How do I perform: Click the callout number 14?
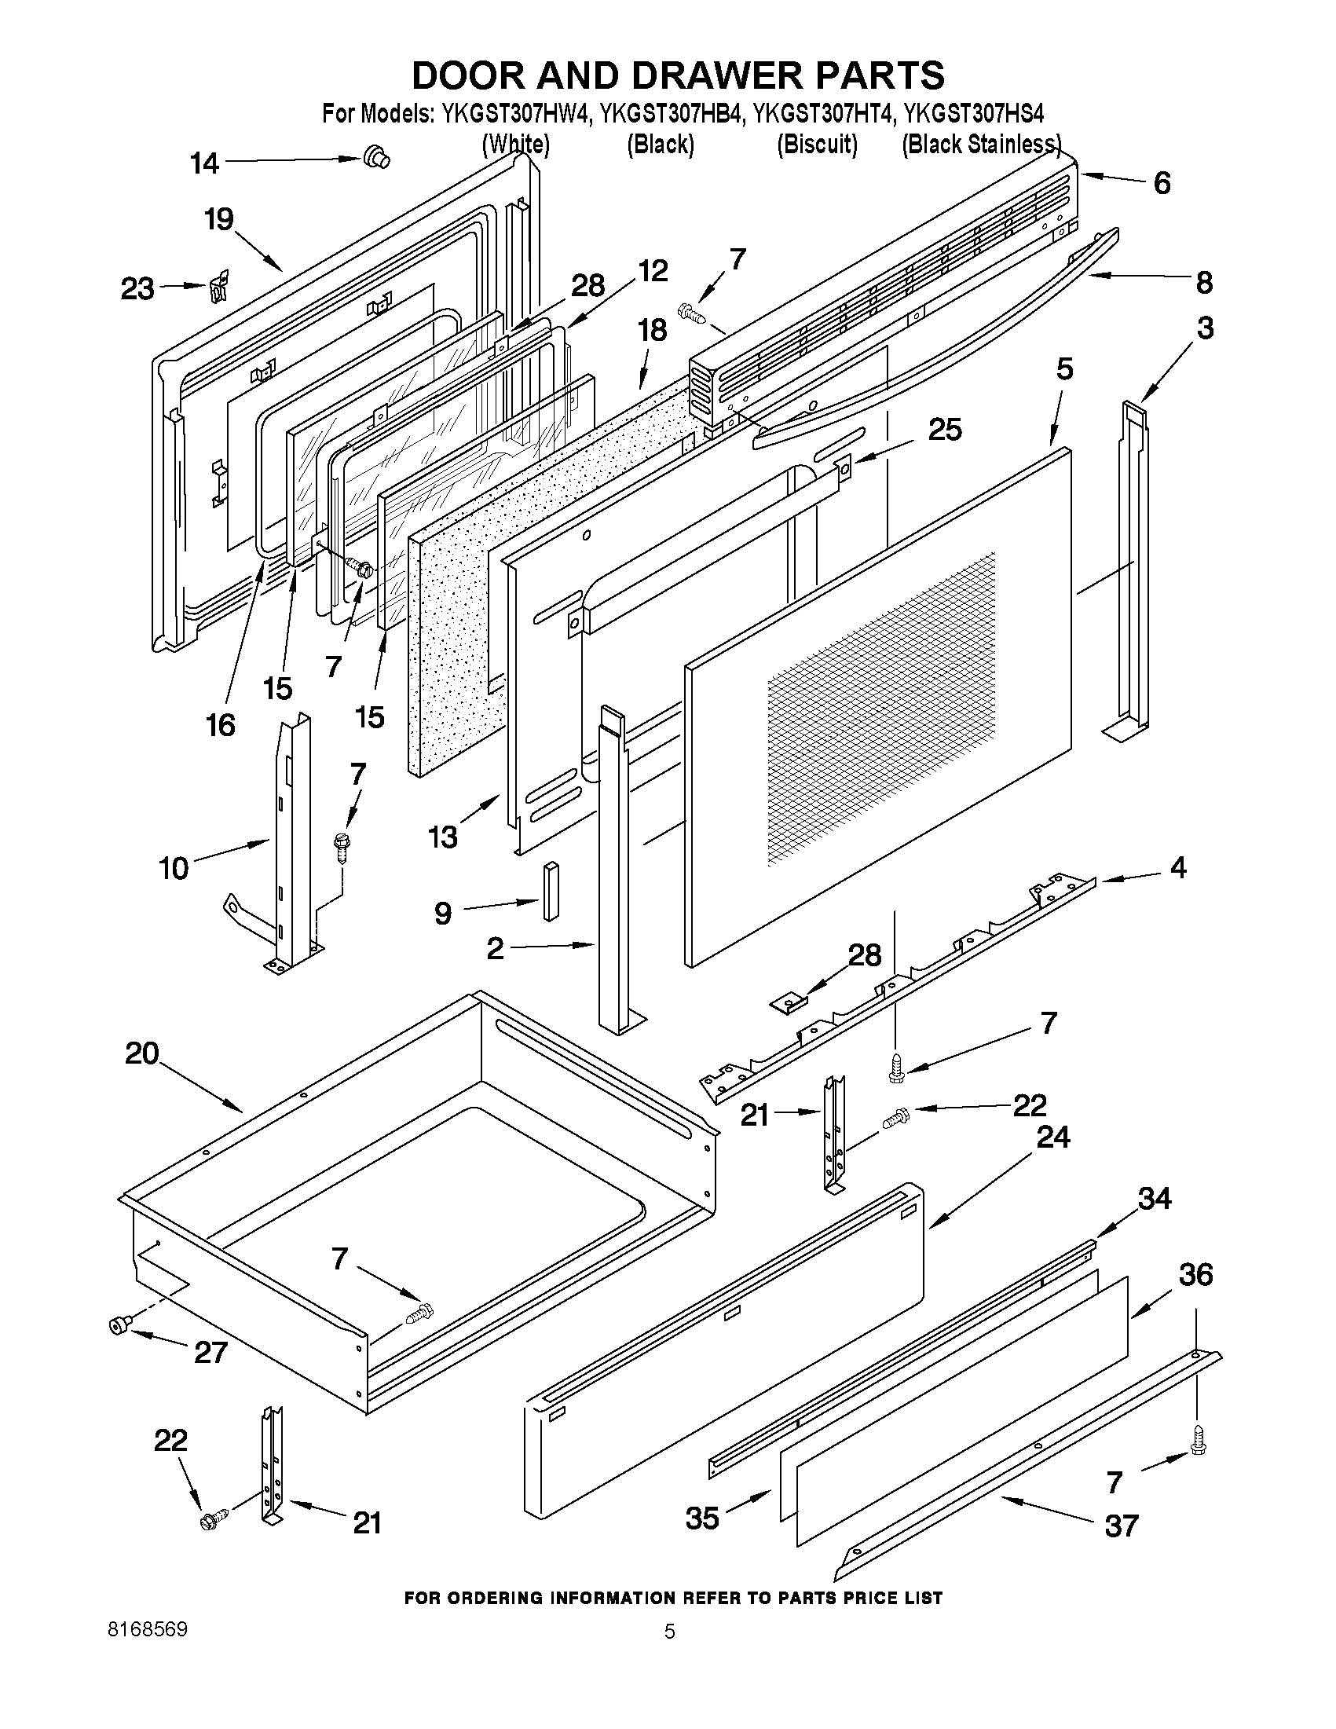[x=204, y=163]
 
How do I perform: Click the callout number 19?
[x=219, y=219]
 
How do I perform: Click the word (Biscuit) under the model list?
[x=817, y=145]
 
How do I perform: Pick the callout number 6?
[x=1161, y=184]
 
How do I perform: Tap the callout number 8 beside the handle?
[x=1204, y=283]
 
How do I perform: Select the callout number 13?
[x=443, y=837]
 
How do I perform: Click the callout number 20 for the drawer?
[x=142, y=1053]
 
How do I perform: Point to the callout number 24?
[x=1053, y=1137]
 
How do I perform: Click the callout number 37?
[x=1122, y=1526]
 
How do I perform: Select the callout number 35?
[x=702, y=1518]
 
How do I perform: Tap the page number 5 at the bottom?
[x=670, y=1632]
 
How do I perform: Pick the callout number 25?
[x=945, y=430]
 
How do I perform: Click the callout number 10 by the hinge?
[x=174, y=869]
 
